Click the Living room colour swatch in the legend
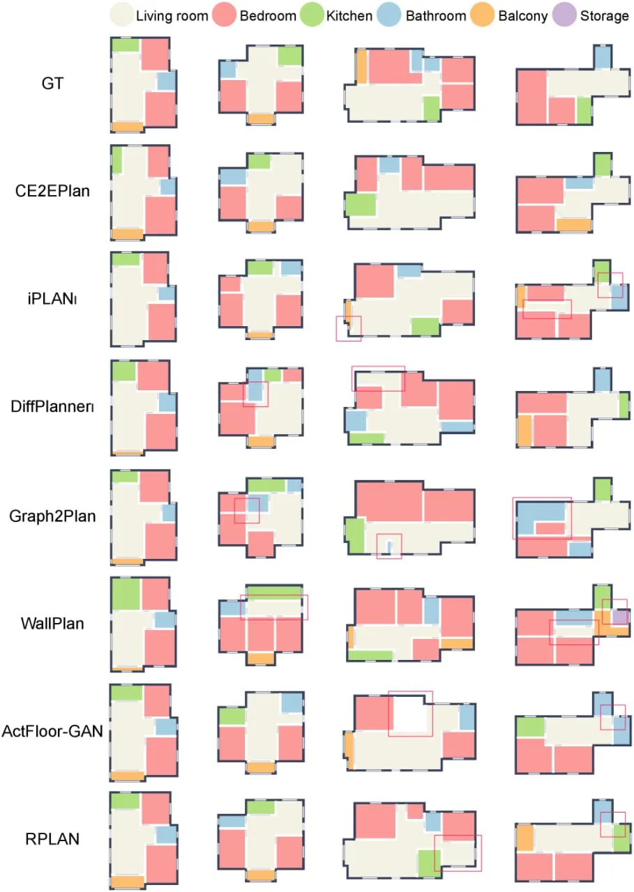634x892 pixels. point(121,15)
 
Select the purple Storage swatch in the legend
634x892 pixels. point(564,15)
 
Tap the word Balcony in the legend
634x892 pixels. point(523,16)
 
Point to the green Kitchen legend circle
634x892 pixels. point(312,15)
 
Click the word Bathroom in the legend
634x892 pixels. point(436,16)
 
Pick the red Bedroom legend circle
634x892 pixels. point(225,15)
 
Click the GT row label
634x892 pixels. point(52,84)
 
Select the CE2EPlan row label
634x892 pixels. point(52,191)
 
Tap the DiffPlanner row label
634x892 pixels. point(52,406)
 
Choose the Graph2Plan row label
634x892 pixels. point(52,516)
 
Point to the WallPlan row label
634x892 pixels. point(52,624)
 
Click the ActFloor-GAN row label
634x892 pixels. point(52,731)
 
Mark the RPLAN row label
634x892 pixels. point(52,838)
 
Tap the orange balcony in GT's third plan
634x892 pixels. point(362,66)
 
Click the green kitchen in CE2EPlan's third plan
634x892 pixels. point(361,205)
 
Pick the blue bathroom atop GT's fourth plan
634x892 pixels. point(602,57)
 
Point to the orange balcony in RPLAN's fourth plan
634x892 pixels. point(525,838)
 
